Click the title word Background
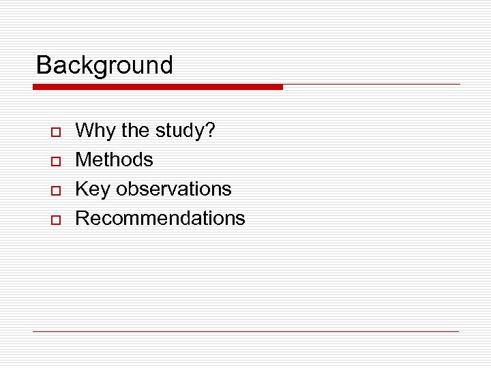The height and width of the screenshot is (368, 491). click(104, 65)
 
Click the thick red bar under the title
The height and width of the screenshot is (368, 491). click(158, 87)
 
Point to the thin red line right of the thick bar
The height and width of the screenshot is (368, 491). click(372, 85)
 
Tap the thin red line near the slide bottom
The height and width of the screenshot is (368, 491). click(245, 331)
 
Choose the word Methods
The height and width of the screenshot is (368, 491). click(114, 159)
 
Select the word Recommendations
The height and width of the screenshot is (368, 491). click(160, 218)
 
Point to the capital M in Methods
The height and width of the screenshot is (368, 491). click(83, 159)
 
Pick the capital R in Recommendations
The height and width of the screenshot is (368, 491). click(82, 218)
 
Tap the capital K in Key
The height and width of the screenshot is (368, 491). click(81, 189)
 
